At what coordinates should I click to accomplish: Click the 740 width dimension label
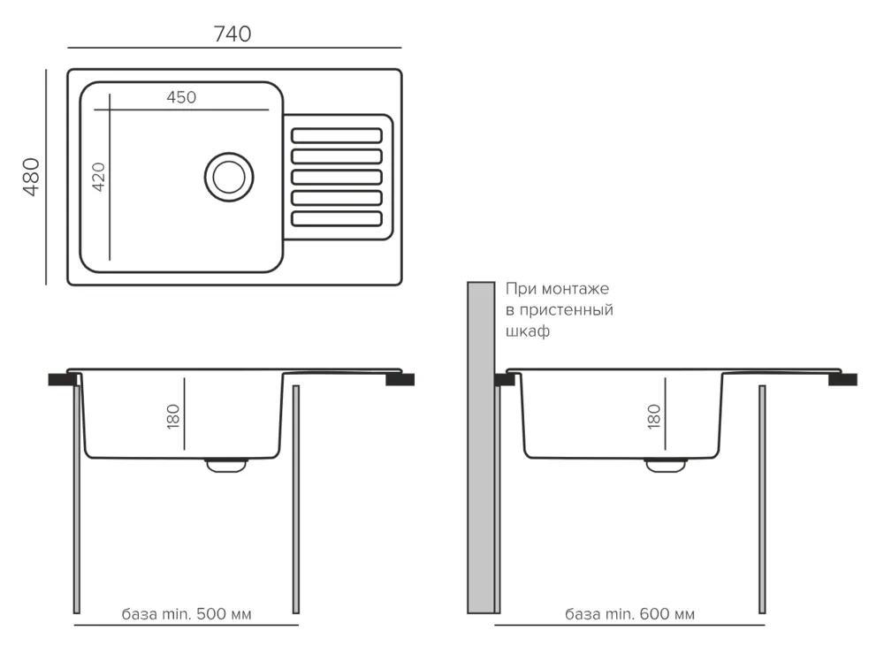point(232,34)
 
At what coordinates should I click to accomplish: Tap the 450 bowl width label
point(181,98)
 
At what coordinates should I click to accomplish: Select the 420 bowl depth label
point(98,177)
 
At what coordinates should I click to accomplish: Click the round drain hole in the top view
point(229,175)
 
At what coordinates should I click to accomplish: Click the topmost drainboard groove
point(337,135)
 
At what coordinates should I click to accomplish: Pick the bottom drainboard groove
point(337,217)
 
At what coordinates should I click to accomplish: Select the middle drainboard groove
point(337,177)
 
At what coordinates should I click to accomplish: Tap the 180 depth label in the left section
point(173,415)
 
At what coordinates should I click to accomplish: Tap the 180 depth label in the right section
point(654,415)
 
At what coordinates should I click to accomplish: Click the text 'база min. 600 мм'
point(629,613)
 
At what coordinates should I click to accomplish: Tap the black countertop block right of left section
point(400,380)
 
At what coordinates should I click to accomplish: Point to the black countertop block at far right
point(842,380)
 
